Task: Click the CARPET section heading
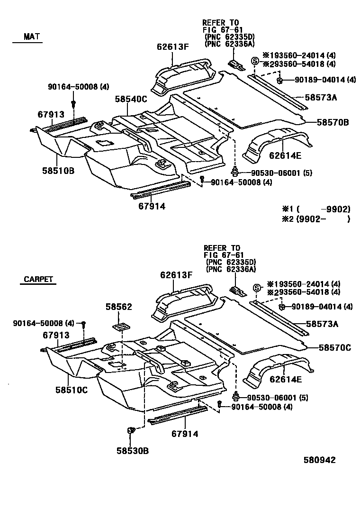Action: pyautogui.click(x=37, y=279)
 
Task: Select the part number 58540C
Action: pyautogui.click(x=131, y=99)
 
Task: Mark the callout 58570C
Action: pyautogui.click(x=334, y=348)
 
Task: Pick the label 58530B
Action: pyautogui.click(x=132, y=451)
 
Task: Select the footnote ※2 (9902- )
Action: pyautogui.click(x=315, y=219)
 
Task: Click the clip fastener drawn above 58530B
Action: pyautogui.click(x=131, y=430)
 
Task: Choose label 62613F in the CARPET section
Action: pyautogui.click(x=176, y=275)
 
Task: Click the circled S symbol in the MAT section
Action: pyautogui.click(x=255, y=61)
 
